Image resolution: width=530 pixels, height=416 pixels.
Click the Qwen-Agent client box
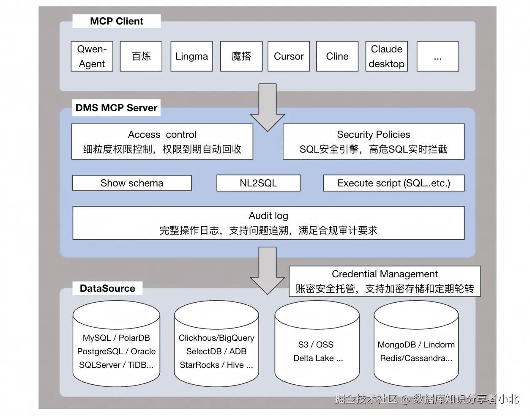92,56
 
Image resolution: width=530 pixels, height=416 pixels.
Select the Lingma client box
192,56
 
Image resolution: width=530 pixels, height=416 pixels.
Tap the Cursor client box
289,56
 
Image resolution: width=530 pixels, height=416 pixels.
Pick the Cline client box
337,56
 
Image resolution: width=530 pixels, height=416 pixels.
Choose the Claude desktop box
387,56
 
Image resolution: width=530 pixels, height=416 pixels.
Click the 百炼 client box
141,56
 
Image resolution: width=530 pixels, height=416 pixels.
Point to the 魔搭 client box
241,56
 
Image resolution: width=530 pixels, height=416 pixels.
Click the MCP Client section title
117,21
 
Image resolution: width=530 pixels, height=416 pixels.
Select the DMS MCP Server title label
116,108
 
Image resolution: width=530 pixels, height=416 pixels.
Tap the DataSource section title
107,288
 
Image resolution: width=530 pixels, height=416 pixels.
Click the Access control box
162,142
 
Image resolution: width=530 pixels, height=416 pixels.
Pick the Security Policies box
374,142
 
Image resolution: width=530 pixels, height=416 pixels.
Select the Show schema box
132,183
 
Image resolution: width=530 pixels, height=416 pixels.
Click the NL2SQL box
259,183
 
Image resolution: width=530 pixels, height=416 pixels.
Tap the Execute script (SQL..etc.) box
394,183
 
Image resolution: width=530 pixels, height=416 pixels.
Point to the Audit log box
268,223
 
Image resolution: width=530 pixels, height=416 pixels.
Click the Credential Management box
385,281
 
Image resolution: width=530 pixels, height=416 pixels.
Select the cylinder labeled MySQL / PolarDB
116,344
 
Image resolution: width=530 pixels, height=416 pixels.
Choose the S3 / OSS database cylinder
317,344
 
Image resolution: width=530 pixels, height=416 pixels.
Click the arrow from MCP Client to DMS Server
268,107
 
